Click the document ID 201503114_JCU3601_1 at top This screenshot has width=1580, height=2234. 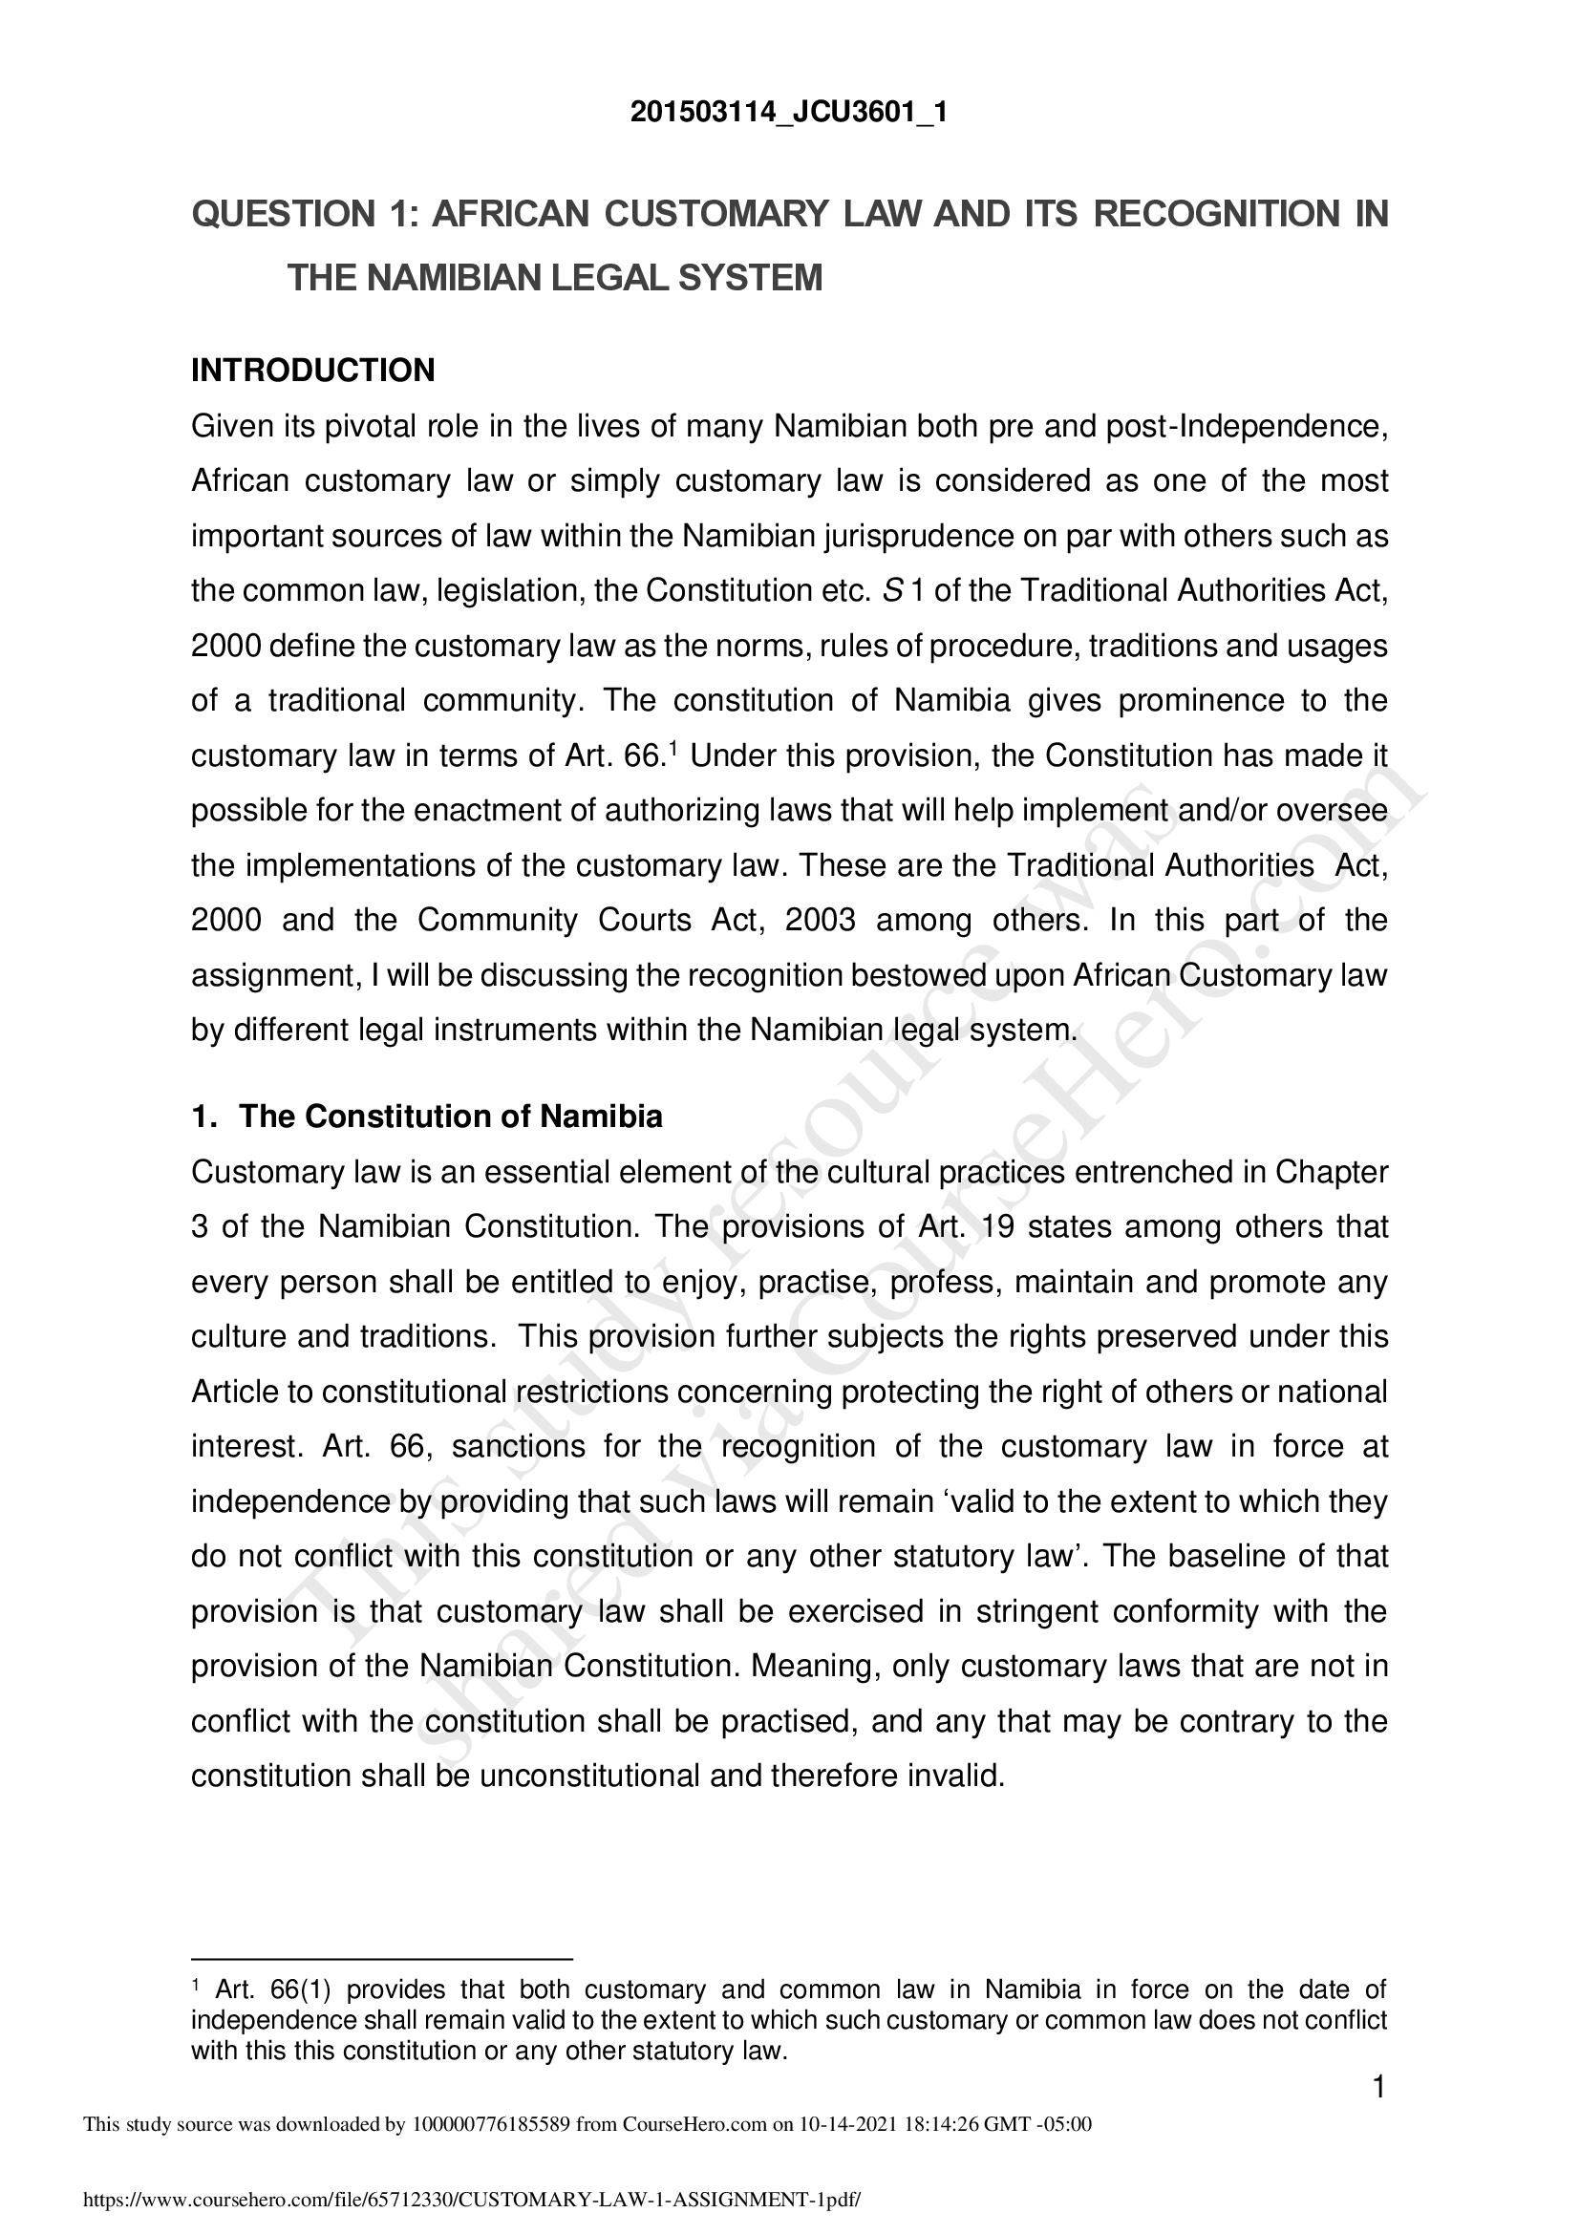pyautogui.click(x=788, y=114)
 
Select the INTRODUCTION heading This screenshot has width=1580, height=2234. pyautogui.click(x=312, y=371)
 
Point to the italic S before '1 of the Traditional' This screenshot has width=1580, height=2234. pyautogui.click(x=893, y=590)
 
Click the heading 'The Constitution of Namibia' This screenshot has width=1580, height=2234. pyautogui.click(x=451, y=1116)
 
